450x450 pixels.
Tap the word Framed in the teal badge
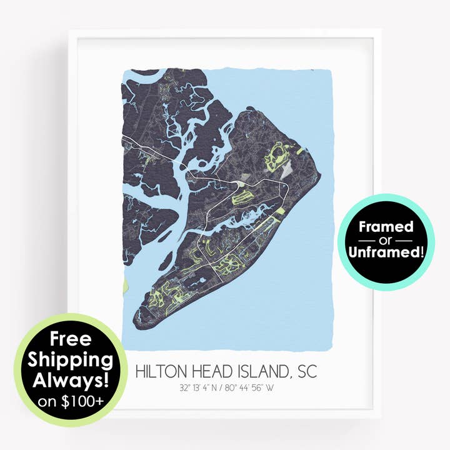[386, 226]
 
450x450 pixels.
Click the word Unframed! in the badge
[386, 252]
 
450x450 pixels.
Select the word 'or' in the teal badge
[386, 240]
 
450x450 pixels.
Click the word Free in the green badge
[71, 340]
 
